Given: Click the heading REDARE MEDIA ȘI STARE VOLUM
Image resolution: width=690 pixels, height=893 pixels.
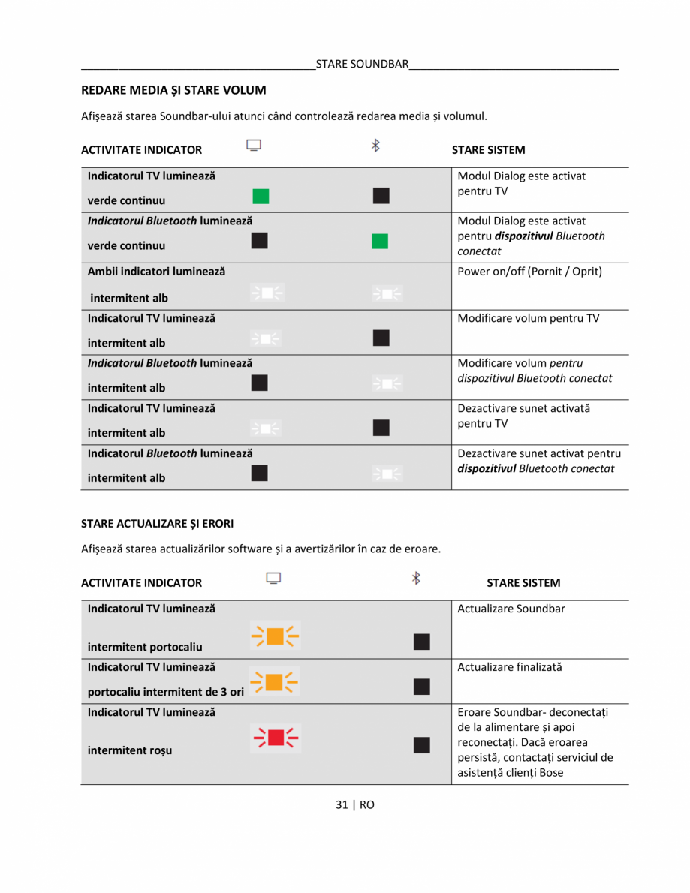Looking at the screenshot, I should (173, 90).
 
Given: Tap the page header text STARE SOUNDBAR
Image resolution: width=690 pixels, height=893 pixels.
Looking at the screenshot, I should (362, 64).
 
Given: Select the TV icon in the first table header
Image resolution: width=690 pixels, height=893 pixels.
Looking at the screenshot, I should (254, 146).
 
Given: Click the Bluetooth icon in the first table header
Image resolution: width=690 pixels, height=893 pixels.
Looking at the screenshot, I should (375, 146).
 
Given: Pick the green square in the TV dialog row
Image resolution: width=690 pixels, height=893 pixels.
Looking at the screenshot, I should (261, 197).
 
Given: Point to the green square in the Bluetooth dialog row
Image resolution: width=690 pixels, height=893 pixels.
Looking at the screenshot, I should (381, 241).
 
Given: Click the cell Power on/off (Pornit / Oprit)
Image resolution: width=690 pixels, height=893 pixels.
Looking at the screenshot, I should (529, 271).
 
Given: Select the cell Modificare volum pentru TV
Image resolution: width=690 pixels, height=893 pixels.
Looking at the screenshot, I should (529, 318).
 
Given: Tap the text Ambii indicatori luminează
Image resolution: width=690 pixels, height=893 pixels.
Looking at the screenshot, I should (156, 271).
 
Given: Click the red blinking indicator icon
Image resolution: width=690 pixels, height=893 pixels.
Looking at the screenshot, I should (275, 738).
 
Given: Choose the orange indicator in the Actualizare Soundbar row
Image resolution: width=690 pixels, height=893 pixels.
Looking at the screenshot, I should (275, 636).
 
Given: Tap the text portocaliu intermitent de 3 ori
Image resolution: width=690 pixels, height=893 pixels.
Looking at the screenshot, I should (166, 691).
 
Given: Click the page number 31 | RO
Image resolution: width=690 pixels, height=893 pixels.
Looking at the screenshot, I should (354, 804).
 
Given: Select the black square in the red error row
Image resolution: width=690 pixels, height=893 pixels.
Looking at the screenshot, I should (421, 744).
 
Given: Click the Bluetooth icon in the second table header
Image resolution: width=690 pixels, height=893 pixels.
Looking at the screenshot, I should (416, 578).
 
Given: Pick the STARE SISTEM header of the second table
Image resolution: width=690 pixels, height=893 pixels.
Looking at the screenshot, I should (523, 582).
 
